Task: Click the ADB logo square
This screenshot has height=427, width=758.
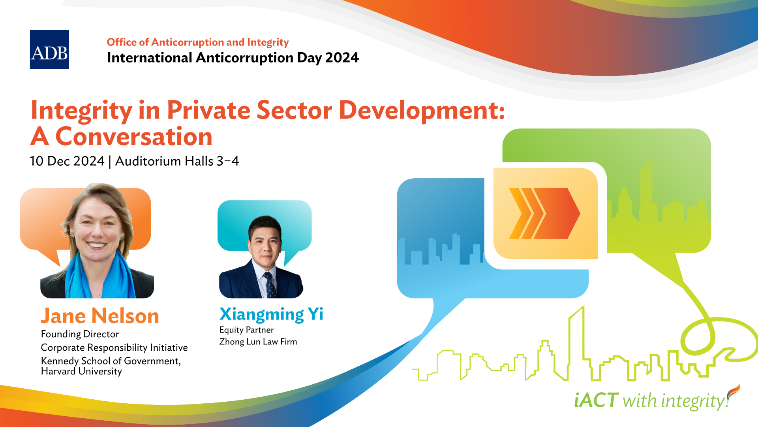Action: pyautogui.click(x=49, y=49)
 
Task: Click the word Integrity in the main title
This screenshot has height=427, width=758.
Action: pyautogui.click(x=82, y=111)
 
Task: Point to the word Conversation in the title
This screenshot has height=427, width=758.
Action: pyautogui.click(x=134, y=137)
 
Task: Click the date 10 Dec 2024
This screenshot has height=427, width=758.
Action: pyautogui.click(x=67, y=161)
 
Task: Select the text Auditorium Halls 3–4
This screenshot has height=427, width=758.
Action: pyautogui.click(x=177, y=161)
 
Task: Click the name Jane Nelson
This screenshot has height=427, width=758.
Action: pyautogui.click(x=100, y=316)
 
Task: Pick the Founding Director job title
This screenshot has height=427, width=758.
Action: pyautogui.click(x=80, y=334)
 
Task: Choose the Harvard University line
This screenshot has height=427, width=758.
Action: pyautogui.click(x=81, y=371)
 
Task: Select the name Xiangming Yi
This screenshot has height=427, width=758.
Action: pyautogui.click(x=271, y=314)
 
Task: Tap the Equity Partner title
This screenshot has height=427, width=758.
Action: pyautogui.click(x=246, y=330)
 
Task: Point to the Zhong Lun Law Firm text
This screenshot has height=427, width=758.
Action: pyautogui.click(x=258, y=342)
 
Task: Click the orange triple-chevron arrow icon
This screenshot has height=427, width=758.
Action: pyautogui.click(x=544, y=213)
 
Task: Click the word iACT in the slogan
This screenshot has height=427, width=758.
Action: pyautogui.click(x=596, y=400)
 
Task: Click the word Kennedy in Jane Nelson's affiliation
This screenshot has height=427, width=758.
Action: pyautogui.click(x=60, y=361)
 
